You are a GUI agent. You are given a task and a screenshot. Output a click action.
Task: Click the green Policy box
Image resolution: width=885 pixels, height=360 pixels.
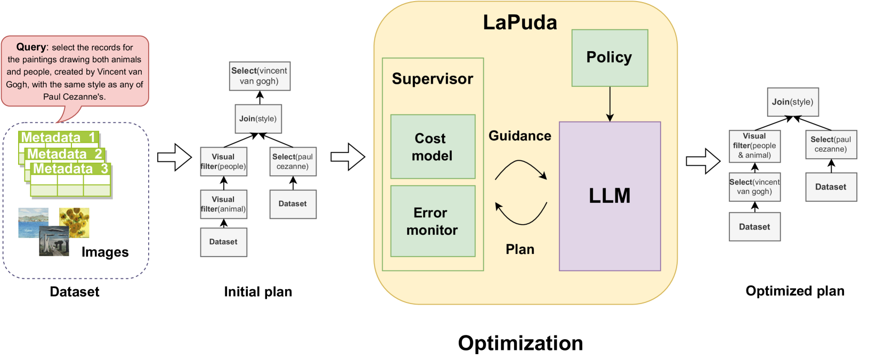pos(610,58)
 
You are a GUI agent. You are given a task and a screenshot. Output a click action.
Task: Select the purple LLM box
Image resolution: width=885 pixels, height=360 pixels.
pos(610,196)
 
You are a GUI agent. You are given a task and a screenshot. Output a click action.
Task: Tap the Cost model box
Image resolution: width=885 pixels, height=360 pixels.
pos(433,146)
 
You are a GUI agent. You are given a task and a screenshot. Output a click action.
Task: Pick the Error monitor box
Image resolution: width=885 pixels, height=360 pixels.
pos(433,221)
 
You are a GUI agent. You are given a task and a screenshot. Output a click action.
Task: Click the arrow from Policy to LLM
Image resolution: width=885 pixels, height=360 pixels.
pos(610,104)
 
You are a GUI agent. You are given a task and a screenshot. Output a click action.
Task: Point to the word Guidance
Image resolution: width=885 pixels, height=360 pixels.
pos(519,136)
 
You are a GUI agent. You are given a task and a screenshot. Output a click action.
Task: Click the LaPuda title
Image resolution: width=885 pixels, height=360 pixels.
pos(520,22)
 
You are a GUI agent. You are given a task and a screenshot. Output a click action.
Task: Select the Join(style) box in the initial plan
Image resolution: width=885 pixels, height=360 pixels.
pos(258,119)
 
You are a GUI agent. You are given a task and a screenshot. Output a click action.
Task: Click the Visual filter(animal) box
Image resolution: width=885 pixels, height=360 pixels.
pos(224,204)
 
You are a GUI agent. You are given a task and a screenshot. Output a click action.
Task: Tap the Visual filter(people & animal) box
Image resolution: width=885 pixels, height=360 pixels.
pos(754,146)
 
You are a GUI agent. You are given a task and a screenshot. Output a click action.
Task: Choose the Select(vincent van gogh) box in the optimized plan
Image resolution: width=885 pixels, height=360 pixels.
pos(754,187)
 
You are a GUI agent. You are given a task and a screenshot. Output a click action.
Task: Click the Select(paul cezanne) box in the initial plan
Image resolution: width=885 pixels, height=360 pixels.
pos(293,161)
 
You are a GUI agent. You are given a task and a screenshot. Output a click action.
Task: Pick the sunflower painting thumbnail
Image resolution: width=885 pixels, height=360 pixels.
pos(74,223)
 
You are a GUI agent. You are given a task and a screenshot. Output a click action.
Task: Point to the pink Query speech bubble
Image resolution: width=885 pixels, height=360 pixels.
pos(75,72)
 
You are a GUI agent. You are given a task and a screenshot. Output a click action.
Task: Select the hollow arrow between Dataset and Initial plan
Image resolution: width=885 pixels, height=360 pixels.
pos(174,157)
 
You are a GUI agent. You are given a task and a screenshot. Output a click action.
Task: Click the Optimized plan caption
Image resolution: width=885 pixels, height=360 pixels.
pos(795,291)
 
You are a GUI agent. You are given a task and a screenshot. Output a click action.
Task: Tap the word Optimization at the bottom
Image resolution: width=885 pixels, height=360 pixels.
pos(521,343)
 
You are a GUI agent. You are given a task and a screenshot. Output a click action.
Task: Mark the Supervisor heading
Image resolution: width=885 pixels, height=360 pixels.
pos(432,79)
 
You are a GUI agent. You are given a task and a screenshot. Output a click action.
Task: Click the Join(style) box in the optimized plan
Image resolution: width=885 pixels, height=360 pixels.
pos(793,102)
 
